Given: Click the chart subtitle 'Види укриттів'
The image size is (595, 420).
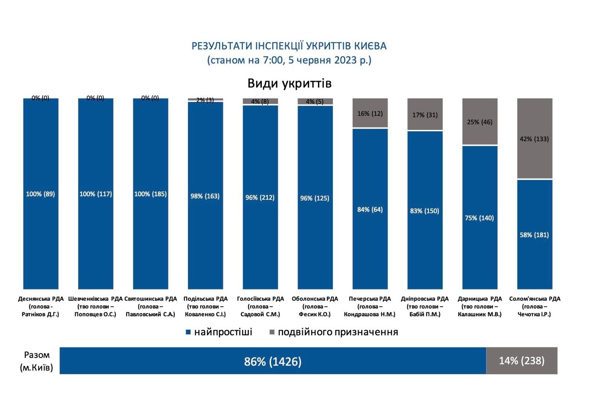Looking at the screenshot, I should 289,83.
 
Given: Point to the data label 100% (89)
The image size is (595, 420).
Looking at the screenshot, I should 40,194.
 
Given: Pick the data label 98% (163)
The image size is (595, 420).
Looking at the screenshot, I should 205,196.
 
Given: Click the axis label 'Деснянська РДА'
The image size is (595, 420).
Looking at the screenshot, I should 41,299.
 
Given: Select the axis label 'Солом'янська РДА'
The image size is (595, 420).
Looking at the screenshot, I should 534,299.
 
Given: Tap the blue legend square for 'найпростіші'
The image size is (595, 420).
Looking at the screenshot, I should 188,332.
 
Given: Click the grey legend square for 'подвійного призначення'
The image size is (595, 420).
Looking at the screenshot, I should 272,332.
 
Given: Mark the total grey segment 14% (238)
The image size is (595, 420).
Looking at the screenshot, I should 521,361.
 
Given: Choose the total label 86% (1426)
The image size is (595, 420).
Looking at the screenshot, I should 273,361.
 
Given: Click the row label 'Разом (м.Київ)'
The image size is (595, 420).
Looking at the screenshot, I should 36,361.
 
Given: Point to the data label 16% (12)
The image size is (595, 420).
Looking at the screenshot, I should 370,114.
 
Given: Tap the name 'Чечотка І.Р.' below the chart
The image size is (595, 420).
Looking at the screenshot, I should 534,314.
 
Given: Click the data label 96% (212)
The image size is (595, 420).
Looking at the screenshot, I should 260,197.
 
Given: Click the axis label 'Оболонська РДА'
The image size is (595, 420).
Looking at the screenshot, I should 315,299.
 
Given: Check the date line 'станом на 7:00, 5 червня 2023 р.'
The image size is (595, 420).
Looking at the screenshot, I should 289,60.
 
